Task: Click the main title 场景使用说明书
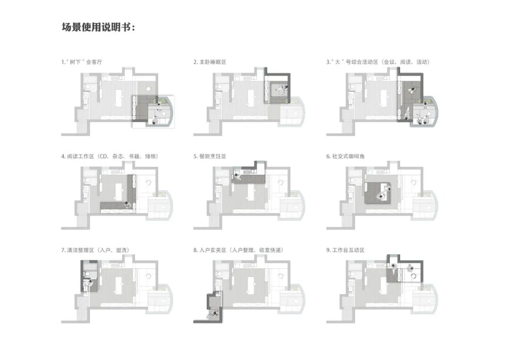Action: [98, 26]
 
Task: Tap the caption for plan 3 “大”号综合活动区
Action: [378, 62]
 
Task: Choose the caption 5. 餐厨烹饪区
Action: [210, 156]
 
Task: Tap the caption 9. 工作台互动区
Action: [346, 250]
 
